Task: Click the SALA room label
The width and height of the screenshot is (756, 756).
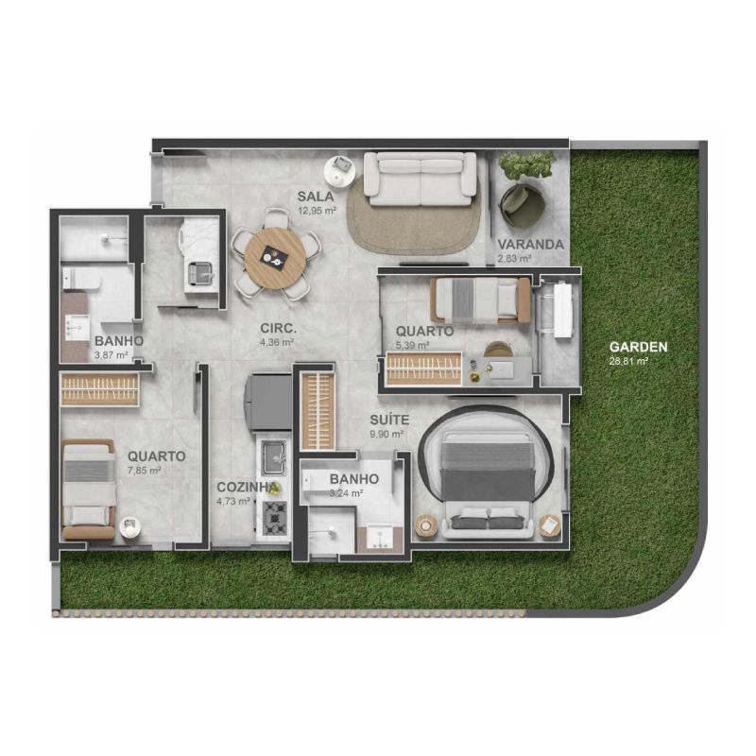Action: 316,197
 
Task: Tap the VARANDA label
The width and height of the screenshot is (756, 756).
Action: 530,245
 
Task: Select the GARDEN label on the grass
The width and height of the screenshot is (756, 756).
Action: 639,347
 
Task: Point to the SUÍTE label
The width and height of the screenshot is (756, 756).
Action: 389,420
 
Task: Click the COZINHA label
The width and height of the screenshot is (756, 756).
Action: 248,488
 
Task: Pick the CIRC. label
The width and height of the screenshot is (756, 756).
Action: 278,328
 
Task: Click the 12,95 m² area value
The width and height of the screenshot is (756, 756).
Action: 317,211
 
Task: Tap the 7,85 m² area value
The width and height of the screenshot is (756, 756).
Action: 145,470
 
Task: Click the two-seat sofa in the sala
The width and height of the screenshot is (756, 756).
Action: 420,175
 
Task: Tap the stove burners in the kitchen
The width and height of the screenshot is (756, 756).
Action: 275,518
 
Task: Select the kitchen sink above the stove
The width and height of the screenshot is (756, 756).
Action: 273,457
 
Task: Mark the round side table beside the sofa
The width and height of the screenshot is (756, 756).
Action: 340,170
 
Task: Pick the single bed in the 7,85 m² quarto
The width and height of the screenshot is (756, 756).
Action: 89,489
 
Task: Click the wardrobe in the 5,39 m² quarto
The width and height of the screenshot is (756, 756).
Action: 424,369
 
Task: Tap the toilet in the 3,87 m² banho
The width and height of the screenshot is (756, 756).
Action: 80,278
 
